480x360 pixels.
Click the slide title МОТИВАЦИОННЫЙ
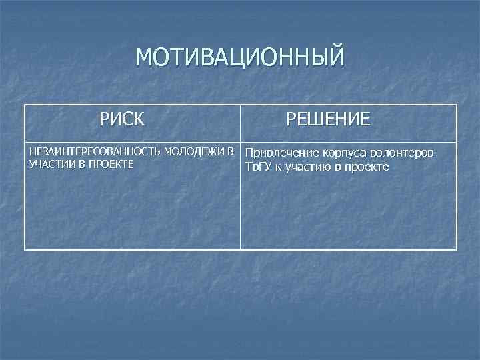[x=240, y=57]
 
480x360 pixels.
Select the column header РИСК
[x=122, y=120]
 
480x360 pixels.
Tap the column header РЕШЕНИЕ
[x=328, y=120]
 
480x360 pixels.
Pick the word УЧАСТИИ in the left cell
[x=51, y=165]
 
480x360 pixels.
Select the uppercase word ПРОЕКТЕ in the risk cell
[x=109, y=165]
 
